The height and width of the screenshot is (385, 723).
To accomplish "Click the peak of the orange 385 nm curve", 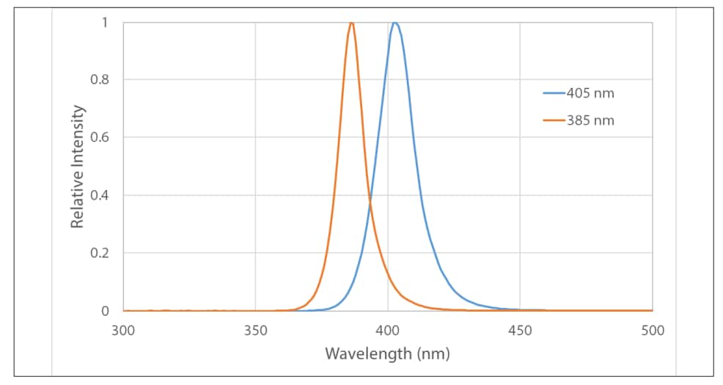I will pyautogui.click(x=351, y=23).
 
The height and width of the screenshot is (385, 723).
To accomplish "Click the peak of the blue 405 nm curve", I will pyautogui.click(x=395, y=23).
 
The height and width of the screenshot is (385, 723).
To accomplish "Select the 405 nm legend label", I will pyautogui.click(x=590, y=94).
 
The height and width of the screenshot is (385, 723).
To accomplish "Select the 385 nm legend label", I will pyautogui.click(x=590, y=120).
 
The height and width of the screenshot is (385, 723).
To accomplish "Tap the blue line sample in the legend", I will pyautogui.click(x=554, y=94).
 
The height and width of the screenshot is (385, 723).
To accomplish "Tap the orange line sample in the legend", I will pyautogui.click(x=554, y=120).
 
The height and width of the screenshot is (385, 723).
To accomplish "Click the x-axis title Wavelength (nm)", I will pyautogui.click(x=387, y=354).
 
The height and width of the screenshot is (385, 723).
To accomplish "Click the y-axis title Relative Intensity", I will pyautogui.click(x=78, y=166).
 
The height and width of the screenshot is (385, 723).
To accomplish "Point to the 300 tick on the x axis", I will pyautogui.click(x=123, y=330).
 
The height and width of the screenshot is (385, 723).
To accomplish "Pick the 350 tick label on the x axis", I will pyautogui.click(x=255, y=330).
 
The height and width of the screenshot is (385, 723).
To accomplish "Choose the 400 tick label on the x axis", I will pyautogui.click(x=388, y=330).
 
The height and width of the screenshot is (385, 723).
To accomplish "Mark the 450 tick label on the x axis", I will pyautogui.click(x=520, y=330).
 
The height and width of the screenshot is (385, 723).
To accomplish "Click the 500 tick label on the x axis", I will pyautogui.click(x=652, y=330).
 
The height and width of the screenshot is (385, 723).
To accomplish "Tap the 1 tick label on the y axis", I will pyautogui.click(x=104, y=22).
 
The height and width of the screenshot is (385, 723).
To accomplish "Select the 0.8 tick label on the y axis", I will pyautogui.click(x=99, y=80).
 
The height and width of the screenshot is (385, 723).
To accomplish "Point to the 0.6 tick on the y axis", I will pyautogui.click(x=99, y=137).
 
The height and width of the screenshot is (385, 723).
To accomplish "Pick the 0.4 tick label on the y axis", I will pyautogui.click(x=99, y=195).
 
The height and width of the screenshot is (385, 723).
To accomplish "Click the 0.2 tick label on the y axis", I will pyautogui.click(x=99, y=253).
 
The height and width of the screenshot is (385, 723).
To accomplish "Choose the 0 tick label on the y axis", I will pyautogui.click(x=104, y=311).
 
